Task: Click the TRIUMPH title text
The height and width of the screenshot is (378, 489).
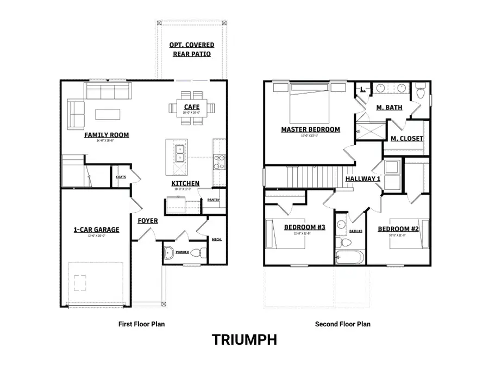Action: pyautogui.click(x=244, y=340)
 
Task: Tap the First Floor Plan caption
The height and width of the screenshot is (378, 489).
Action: pyautogui.click(x=141, y=324)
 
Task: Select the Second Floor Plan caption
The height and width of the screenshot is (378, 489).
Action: pyautogui.click(x=343, y=324)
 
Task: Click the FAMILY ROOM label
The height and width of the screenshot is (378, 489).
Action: pyautogui.click(x=106, y=135)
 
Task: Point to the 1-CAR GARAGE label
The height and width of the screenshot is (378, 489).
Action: pyautogui.click(x=96, y=230)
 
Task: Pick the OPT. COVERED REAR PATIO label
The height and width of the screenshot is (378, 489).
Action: pyautogui.click(x=191, y=49)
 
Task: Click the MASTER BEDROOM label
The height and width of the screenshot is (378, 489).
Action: pyautogui.click(x=310, y=129)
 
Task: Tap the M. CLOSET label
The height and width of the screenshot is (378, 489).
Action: pyautogui.click(x=406, y=139)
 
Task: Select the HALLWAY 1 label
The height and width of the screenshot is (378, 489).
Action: pyautogui.click(x=363, y=178)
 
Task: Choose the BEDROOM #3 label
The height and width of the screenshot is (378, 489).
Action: pyautogui.click(x=304, y=227)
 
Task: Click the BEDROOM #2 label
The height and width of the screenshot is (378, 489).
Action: pyautogui.click(x=398, y=229)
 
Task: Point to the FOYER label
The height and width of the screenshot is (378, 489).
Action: pyautogui.click(x=147, y=221)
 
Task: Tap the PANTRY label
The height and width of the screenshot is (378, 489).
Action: pyautogui.click(x=213, y=200)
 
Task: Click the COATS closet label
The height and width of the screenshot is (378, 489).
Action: pyautogui.click(x=121, y=177)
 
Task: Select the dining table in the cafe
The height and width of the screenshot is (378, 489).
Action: pyautogui.click(x=191, y=108)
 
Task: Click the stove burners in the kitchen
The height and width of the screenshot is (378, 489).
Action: pyautogui.click(x=218, y=162)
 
